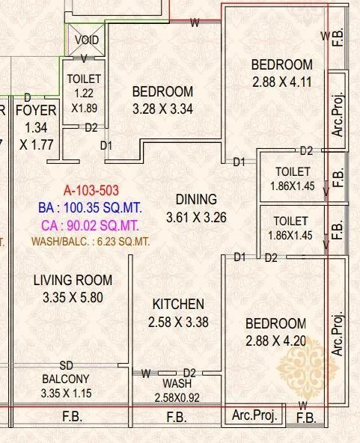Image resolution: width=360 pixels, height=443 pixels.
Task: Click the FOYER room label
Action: (36, 111)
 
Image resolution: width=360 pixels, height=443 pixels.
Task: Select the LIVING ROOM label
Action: (73, 281)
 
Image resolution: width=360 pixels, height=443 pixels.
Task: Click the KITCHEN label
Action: (178, 305)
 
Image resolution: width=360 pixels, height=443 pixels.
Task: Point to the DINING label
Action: (196, 199)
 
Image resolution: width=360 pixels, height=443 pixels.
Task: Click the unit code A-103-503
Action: (91, 191)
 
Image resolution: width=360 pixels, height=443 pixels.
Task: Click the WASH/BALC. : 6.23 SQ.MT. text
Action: (90, 241)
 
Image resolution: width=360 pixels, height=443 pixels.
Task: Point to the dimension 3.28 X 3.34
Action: (162, 109)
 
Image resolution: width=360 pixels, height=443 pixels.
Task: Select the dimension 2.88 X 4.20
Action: (276, 341)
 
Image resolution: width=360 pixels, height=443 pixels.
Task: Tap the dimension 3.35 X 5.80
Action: (73, 297)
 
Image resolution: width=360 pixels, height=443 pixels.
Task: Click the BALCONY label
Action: (66, 379)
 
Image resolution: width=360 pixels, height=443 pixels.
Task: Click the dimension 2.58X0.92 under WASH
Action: (178, 397)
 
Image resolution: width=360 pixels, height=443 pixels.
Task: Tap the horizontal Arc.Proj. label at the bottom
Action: (254, 415)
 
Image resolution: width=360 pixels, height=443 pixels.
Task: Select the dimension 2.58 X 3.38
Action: (178, 323)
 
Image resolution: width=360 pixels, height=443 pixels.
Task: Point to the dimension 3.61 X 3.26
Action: (196, 217)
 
